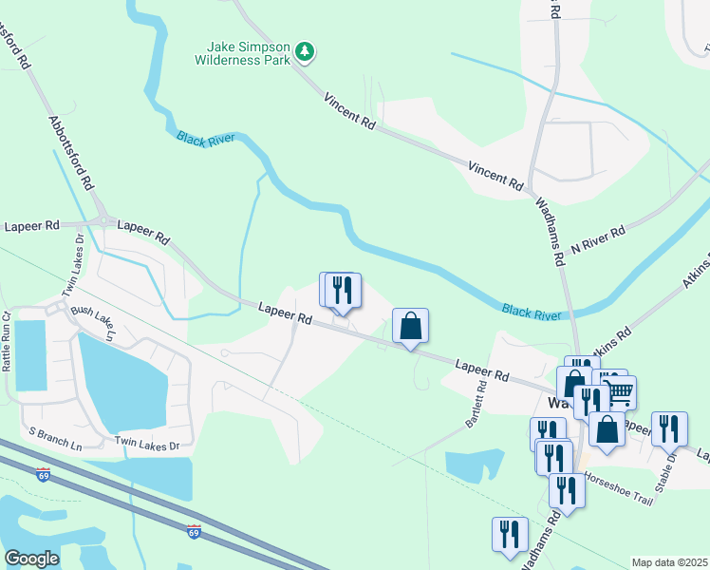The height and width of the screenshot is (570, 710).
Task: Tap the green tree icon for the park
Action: pyautogui.click(x=304, y=50)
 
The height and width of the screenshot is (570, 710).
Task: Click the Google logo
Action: pyautogui.click(x=31, y=559)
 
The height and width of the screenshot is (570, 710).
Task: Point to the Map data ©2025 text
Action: pyautogui.click(x=669, y=562)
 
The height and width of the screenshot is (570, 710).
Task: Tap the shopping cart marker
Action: pyautogui.click(x=619, y=390)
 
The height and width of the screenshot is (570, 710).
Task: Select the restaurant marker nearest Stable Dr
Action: pyautogui.click(x=668, y=429)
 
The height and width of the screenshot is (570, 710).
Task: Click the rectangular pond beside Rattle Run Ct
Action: pyautogui.click(x=30, y=355)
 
